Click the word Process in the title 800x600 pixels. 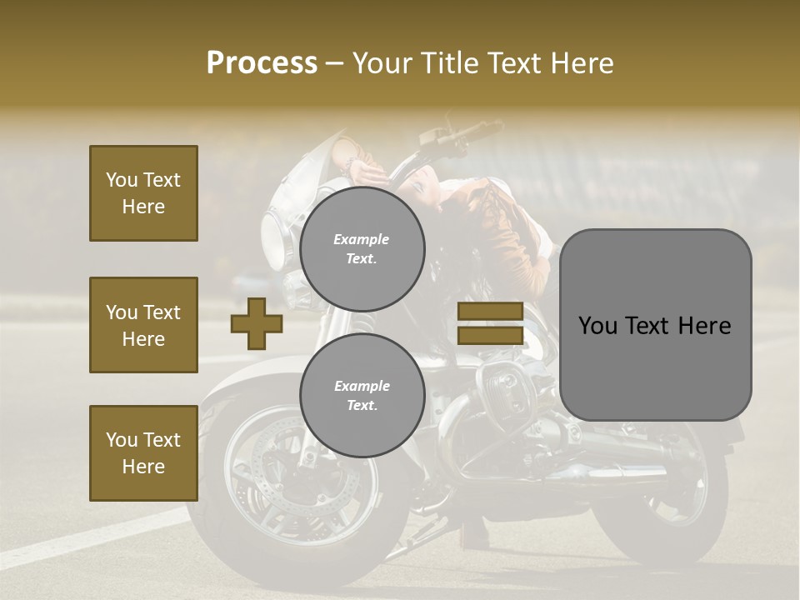click(262, 62)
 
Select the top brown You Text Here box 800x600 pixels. click(143, 193)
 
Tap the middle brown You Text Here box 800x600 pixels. click(143, 325)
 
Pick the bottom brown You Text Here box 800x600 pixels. click(143, 452)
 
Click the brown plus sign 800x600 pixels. click(257, 323)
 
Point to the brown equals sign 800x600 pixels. click(491, 323)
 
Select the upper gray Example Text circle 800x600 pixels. click(362, 249)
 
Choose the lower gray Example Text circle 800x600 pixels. click(362, 396)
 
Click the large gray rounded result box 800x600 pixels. click(655, 324)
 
